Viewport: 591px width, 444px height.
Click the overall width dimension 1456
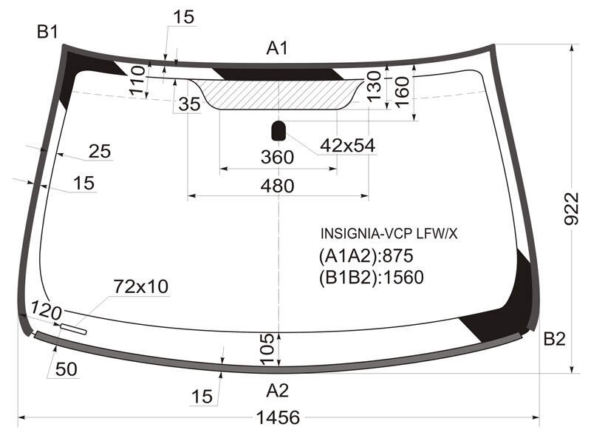278,417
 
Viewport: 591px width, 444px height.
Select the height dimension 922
571,209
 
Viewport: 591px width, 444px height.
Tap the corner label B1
47,32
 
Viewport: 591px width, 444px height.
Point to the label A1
278,48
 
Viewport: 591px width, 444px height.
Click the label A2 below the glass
278,391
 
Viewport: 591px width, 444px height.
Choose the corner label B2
555,339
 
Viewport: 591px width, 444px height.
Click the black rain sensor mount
279,131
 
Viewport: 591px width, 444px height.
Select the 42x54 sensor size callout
347,145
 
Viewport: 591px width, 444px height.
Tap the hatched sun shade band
279,95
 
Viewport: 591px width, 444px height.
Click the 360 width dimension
277,157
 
